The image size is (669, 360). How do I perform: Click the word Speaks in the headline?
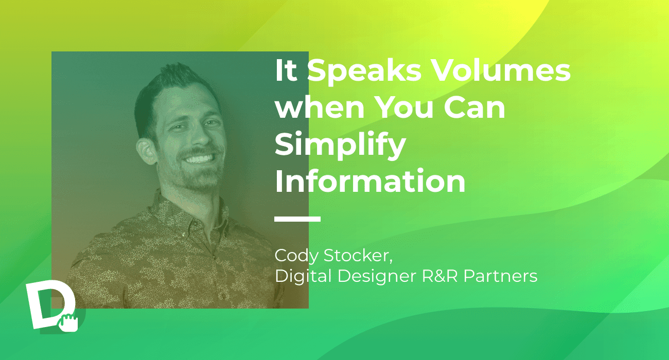(x=364, y=71)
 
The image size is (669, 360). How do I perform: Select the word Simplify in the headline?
(x=340, y=146)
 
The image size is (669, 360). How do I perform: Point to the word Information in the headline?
(x=370, y=181)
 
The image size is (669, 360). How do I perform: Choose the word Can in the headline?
(x=474, y=107)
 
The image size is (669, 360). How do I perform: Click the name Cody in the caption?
(x=296, y=256)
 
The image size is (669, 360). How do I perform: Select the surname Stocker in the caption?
(x=358, y=256)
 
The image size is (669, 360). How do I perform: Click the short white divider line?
(x=297, y=219)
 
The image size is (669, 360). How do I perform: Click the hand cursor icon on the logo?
(x=68, y=322)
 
